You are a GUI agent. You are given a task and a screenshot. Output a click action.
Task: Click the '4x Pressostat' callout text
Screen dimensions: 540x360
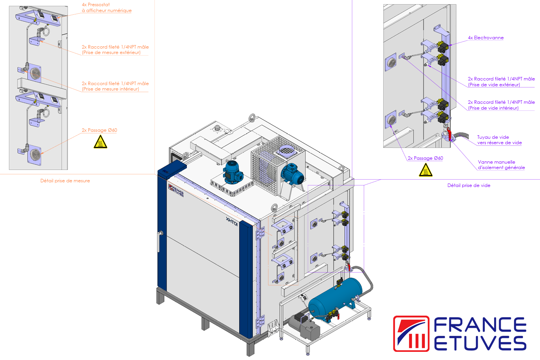[x=96, y=5]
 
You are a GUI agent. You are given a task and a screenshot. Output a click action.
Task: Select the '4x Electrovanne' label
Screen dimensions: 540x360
[x=486, y=38]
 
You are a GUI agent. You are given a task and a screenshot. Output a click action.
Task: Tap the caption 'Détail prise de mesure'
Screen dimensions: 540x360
[x=65, y=181]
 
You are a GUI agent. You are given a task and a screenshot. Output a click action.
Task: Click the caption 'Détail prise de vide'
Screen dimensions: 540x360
[x=469, y=185]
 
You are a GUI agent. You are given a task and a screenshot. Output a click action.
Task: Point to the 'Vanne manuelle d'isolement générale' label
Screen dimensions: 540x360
[x=501, y=165]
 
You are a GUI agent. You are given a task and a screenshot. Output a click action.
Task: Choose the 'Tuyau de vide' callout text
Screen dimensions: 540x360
[x=493, y=137]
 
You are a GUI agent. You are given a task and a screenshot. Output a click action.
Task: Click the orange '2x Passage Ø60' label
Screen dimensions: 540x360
[x=99, y=130]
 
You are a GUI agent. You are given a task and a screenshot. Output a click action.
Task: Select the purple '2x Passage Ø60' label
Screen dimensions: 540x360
[x=425, y=158]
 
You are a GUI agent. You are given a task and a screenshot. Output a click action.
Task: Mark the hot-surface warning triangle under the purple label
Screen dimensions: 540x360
[x=426, y=170]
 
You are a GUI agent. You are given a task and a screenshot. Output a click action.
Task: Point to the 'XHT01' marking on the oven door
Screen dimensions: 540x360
[x=231, y=222]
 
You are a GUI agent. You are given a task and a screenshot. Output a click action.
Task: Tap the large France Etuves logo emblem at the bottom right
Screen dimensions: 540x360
[x=411, y=334]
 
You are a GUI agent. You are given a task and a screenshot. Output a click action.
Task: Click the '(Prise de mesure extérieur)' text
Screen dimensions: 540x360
[x=111, y=52]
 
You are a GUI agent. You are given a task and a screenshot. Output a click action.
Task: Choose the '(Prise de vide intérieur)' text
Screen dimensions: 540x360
[x=493, y=108]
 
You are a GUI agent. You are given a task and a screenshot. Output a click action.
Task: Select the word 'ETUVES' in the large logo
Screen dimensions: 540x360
[x=480, y=343]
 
